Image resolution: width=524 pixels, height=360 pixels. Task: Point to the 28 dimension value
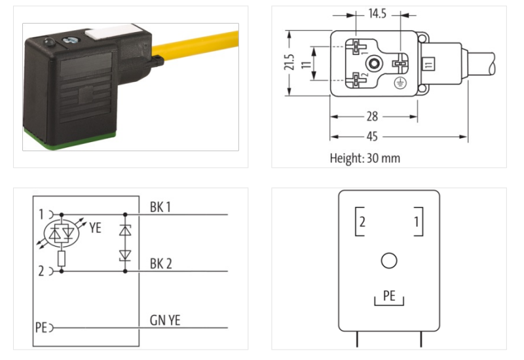[x=372, y=117]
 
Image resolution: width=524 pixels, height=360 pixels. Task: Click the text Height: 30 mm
[x=365, y=158]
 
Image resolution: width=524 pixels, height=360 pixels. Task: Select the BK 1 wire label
[x=161, y=207]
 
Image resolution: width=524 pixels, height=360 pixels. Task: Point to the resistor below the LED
[x=61, y=258]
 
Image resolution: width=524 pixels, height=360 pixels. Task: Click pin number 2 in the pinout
[x=362, y=222]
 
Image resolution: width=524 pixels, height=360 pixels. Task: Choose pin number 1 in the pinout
[x=416, y=222]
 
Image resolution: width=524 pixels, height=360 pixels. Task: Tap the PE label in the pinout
[x=389, y=296]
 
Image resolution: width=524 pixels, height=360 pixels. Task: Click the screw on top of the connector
[x=68, y=43]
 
